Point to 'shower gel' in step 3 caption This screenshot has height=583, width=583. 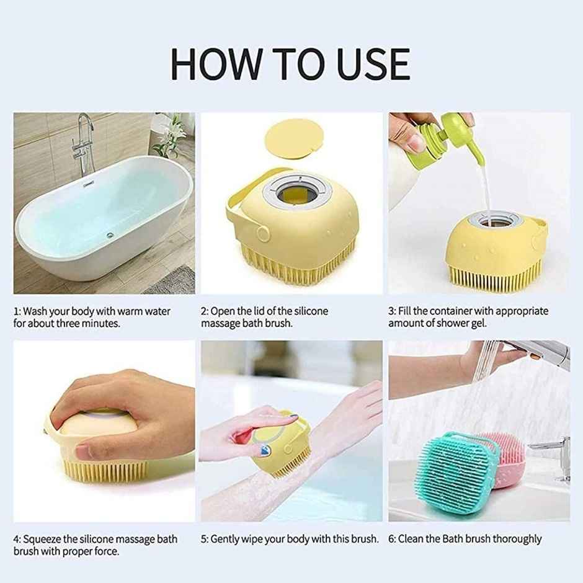[464, 323]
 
